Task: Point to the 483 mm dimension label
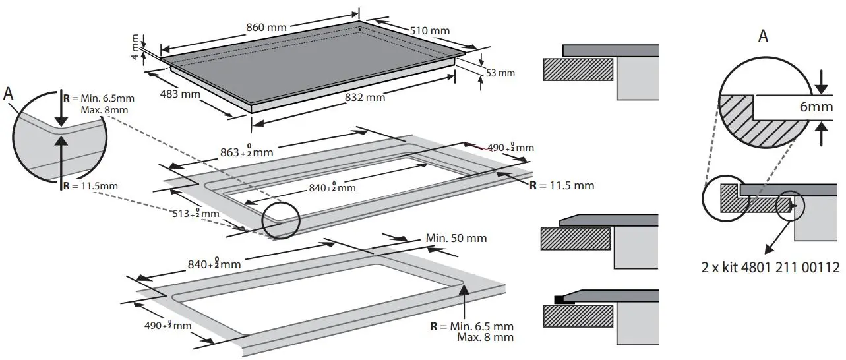click(180, 94)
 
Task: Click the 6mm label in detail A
click(816, 107)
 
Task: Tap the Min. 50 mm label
click(456, 237)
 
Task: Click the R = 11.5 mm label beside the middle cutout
click(562, 185)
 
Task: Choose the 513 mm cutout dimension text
click(193, 214)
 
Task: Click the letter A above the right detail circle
click(763, 37)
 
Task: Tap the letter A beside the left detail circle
click(9, 94)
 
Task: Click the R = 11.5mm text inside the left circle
click(90, 186)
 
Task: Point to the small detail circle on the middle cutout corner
click(280, 220)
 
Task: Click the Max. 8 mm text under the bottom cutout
click(485, 338)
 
